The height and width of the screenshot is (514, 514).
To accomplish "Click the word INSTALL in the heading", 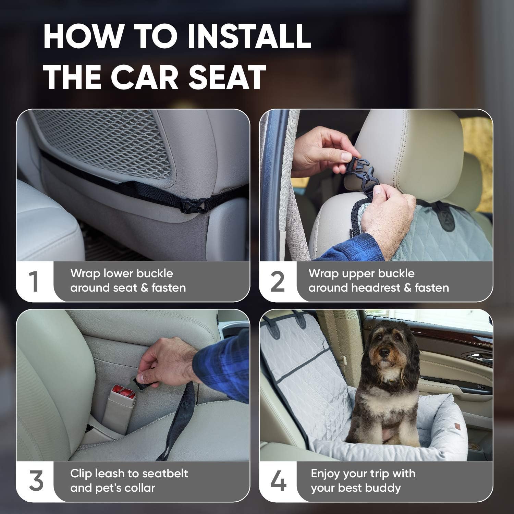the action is point(250,36).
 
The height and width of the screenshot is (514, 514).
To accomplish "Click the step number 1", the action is point(33,282).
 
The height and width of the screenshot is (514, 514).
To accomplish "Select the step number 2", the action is point(278,282).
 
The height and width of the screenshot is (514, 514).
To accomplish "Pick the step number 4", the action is point(278,482).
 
